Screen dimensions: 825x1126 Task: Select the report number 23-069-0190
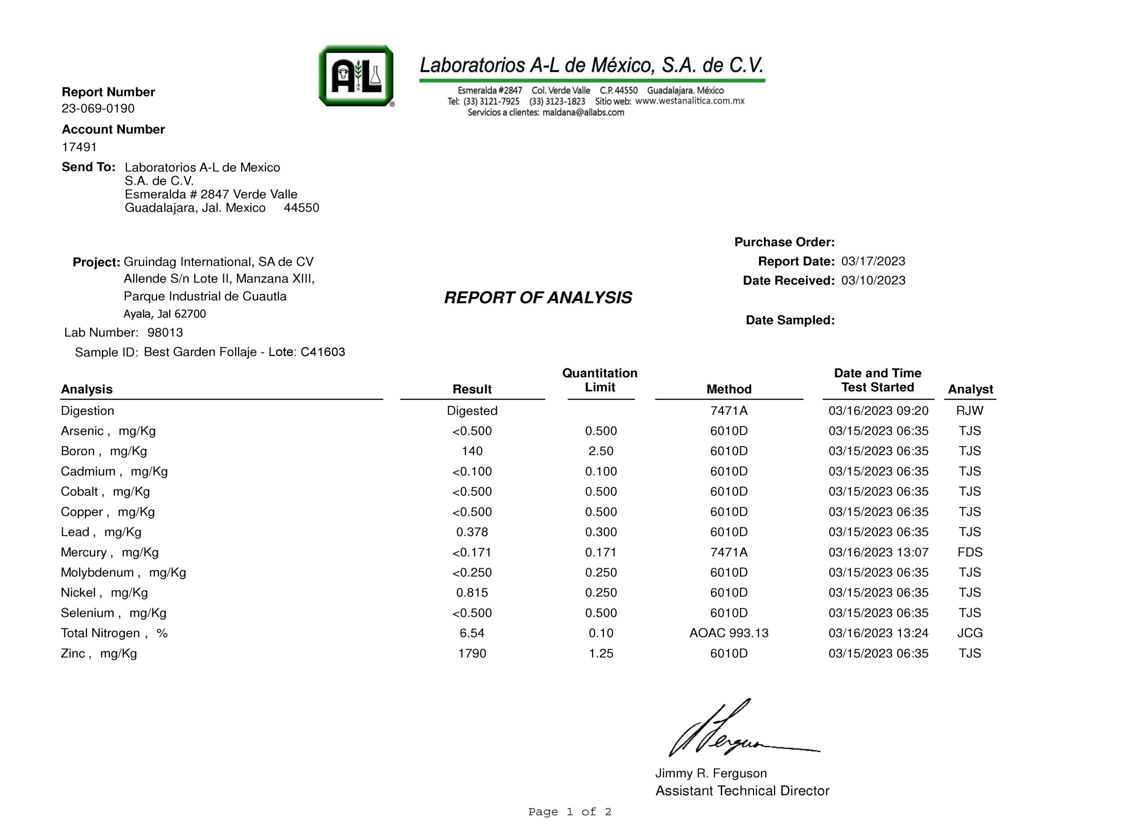coord(98,108)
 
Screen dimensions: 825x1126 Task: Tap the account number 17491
coord(79,147)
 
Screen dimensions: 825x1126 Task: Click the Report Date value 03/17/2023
coord(873,261)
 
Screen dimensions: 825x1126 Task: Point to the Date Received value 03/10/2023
coord(873,281)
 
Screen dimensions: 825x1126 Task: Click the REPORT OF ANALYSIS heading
coord(537,297)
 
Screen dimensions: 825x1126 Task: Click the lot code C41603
coord(322,352)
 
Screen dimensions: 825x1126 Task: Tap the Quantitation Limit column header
coord(600,380)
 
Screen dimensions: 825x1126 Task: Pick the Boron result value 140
coord(472,451)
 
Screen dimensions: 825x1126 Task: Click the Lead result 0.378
coord(472,532)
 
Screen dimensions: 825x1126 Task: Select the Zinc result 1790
coord(472,654)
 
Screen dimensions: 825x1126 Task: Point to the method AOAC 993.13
coord(729,633)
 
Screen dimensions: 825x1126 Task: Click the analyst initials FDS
coord(969,552)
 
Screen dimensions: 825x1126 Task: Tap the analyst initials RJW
coord(969,411)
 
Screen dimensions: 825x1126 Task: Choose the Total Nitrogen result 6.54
coord(472,633)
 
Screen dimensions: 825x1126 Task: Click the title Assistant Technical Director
coord(742,791)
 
